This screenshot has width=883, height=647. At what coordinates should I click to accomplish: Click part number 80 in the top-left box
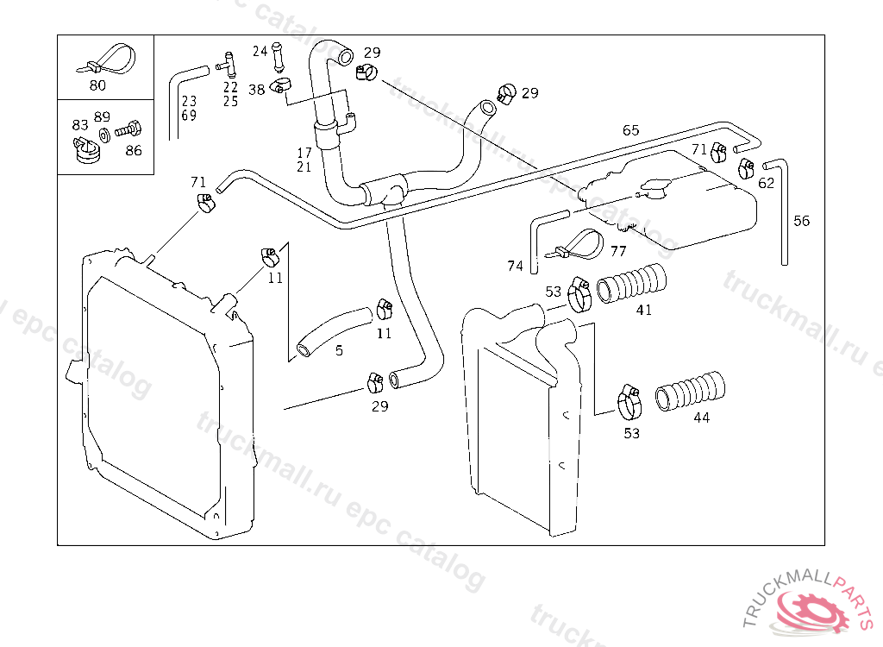coord(97,85)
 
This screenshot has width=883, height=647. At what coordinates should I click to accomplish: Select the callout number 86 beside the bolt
coord(133,149)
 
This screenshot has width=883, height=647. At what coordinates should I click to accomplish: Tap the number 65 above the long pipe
coord(631,130)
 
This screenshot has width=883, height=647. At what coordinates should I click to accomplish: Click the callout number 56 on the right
coord(802,221)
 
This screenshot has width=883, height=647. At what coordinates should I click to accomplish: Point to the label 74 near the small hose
coord(515,267)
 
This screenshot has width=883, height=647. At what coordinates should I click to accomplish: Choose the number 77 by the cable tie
coord(618,252)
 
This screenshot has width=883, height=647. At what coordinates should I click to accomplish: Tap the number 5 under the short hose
coord(339,351)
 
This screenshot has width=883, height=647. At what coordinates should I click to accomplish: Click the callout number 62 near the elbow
coord(766,183)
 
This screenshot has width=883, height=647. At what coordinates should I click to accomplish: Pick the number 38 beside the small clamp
coord(257,90)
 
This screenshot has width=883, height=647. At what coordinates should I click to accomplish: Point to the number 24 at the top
coord(260,51)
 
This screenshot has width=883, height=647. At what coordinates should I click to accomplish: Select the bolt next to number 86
coord(126,131)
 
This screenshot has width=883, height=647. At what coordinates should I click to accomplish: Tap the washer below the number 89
coord(103,135)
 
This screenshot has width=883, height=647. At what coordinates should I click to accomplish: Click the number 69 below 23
coord(189,115)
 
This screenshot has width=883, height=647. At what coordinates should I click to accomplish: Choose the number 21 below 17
coord(304,166)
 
